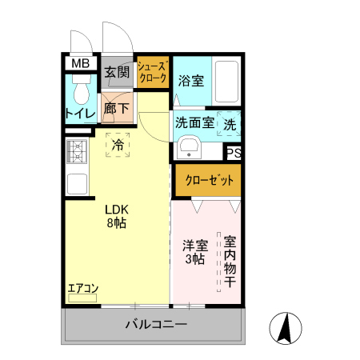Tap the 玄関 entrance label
click(117, 73)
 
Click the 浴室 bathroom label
click(190, 80)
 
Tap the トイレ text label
click(80, 114)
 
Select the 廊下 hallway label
click(117, 109)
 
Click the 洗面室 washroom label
click(194, 124)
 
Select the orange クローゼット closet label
click(207, 180)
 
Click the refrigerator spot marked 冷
click(118, 146)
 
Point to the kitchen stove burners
click(78, 150)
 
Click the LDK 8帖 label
click(117, 217)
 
